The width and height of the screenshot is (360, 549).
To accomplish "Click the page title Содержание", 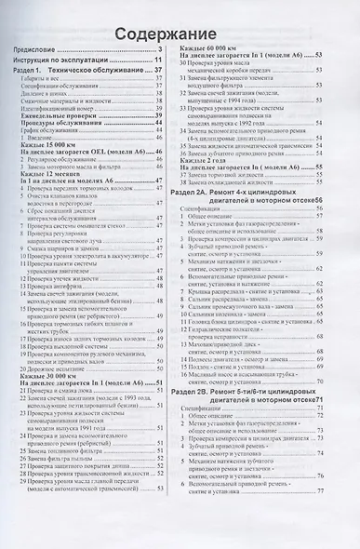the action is (180, 34).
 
